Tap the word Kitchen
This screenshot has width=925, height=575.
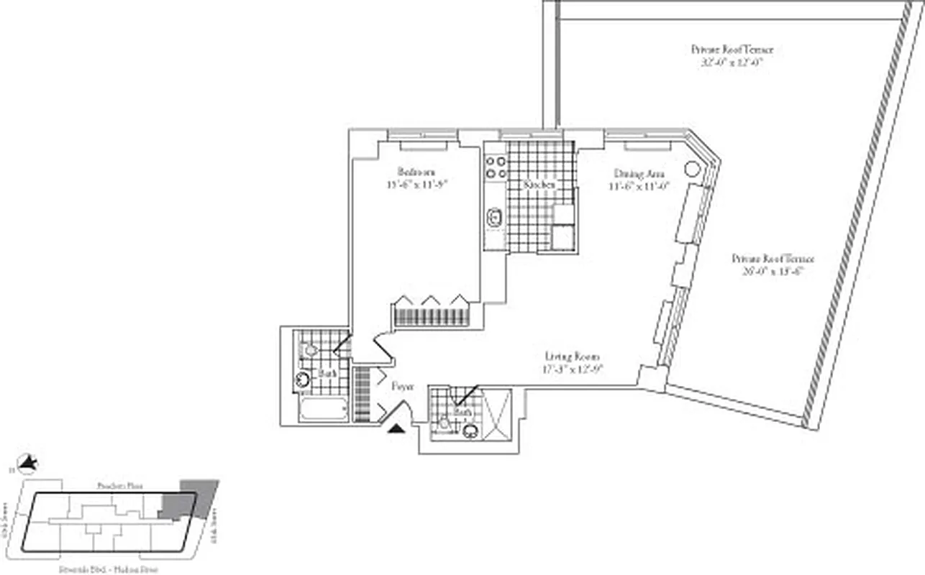tap(539, 185)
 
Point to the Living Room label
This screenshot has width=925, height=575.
tap(572, 356)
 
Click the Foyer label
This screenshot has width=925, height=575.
tap(402, 386)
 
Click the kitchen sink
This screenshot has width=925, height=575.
tap(494, 217)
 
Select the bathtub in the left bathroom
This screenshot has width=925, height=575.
tap(324, 410)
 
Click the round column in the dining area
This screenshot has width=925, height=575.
tap(691, 170)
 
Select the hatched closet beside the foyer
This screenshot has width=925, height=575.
tap(361, 394)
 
